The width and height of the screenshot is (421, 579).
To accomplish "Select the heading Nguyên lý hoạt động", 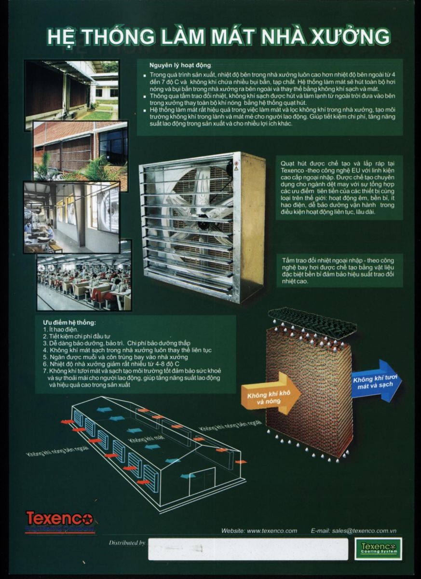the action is [180, 65].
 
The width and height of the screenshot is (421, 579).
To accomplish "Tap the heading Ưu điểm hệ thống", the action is [69, 323].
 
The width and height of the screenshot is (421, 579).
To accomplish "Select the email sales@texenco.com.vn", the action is [364, 531].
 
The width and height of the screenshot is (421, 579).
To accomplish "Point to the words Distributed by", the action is [127, 543].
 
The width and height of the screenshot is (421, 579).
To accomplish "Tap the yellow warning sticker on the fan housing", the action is [235, 169].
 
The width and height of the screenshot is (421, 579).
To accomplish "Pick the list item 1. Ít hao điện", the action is [61, 330].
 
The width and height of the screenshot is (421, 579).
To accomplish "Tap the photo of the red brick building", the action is [81, 151].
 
